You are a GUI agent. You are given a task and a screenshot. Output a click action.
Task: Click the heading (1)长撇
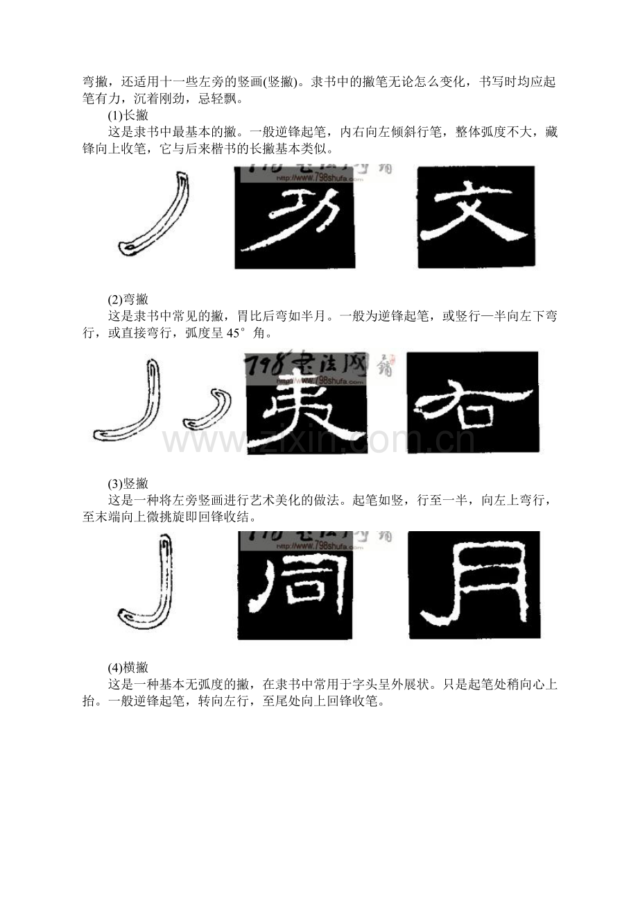pos(128,115)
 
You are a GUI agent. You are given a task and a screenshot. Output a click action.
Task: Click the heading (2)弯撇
pos(128,299)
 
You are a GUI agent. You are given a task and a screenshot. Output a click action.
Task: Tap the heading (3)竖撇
pos(128,483)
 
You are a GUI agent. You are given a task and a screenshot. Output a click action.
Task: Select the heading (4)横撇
pos(128,667)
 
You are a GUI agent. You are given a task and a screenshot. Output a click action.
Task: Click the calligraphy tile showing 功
pos(295,217)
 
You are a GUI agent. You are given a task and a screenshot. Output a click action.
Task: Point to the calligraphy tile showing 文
pos(476,217)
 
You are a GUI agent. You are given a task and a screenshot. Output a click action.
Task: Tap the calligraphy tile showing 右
pos(473,403)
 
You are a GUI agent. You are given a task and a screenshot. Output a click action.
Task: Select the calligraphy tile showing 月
pos(474,585)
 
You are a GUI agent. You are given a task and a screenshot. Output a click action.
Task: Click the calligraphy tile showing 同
pos(295,585)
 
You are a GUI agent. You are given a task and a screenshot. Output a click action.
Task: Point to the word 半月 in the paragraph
pos(312,317)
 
